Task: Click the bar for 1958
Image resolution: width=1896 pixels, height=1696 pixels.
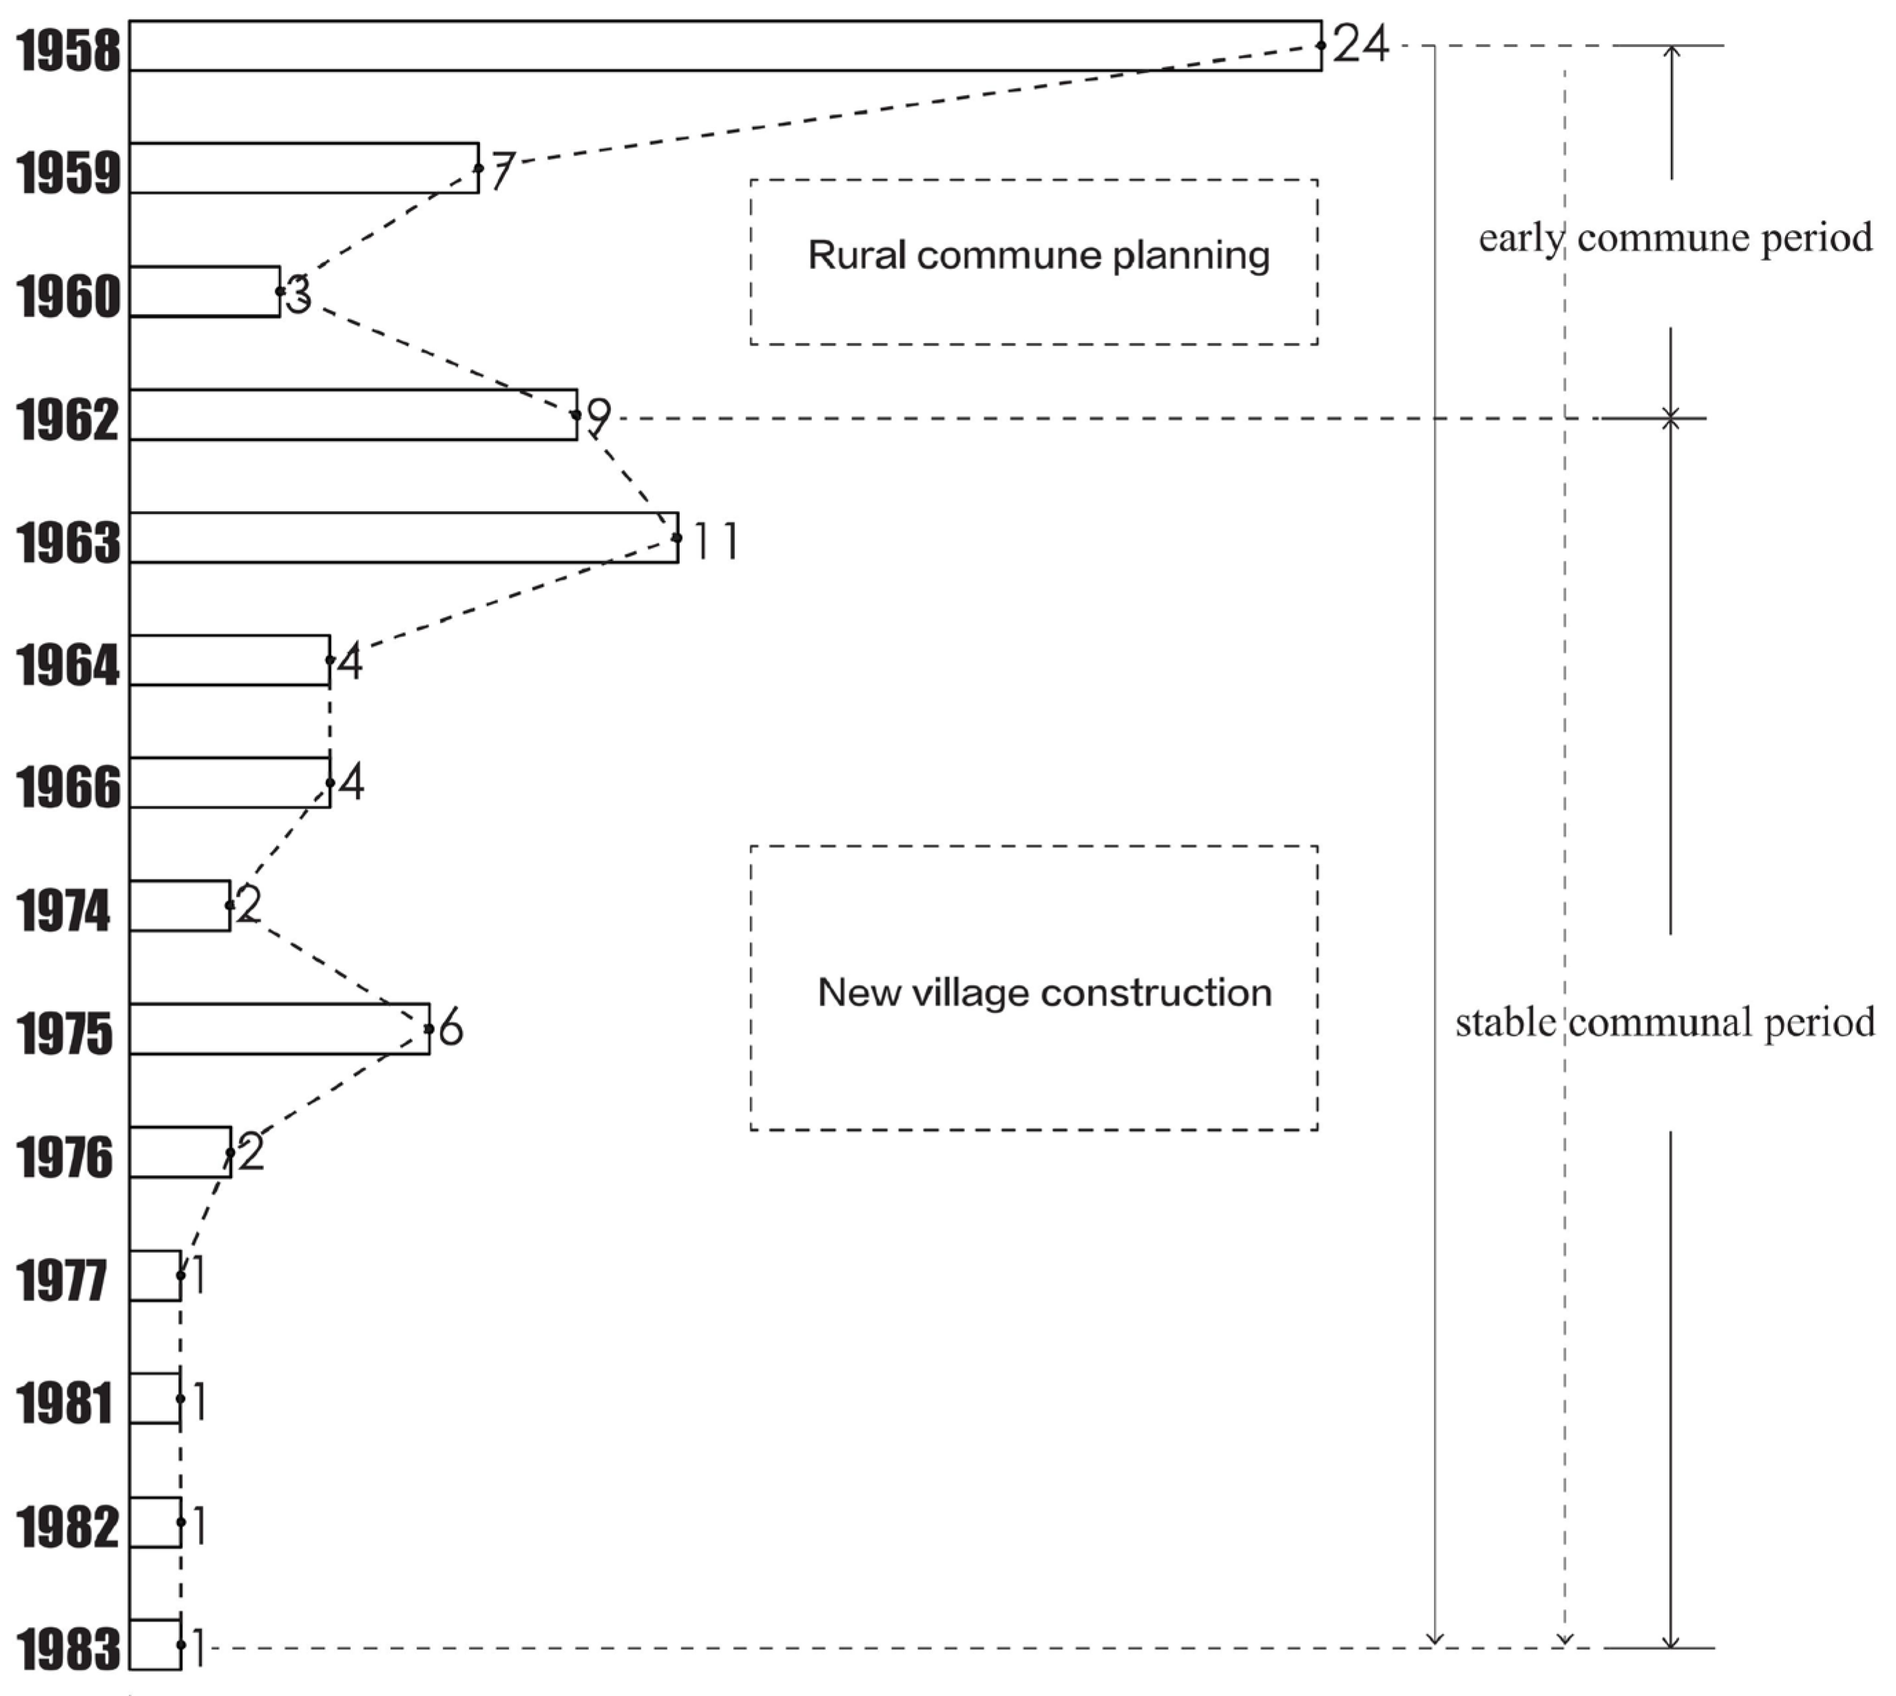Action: coord(725,45)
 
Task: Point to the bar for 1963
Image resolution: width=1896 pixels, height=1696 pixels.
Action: coord(404,537)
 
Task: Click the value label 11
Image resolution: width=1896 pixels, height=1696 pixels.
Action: coord(716,541)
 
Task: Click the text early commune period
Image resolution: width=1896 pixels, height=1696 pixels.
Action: coord(1675,238)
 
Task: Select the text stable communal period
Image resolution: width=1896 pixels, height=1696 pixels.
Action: coord(1665,1022)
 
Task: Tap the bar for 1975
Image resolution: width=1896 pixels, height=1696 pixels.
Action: coord(280,1028)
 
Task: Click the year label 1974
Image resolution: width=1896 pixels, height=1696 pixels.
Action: coord(63,911)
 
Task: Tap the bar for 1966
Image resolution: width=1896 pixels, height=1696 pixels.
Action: coord(229,783)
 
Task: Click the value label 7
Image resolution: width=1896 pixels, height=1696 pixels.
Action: coord(501,172)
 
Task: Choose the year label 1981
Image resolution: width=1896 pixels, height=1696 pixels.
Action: coord(63,1403)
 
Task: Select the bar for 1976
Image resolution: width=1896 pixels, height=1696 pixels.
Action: coord(180,1152)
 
